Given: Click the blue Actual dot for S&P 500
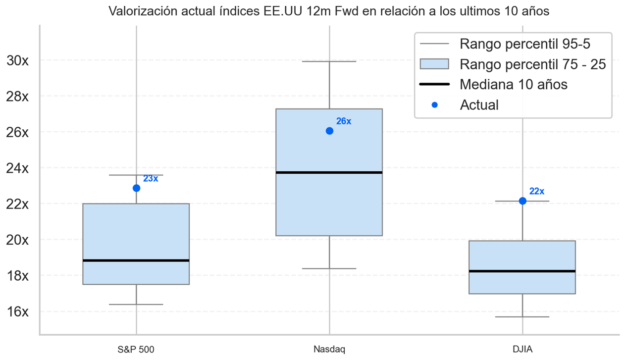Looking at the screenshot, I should (x=136, y=188).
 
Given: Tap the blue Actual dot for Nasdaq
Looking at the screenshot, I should (x=329, y=131).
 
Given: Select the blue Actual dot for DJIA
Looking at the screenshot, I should (x=522, y=201).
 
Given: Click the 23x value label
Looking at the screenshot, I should (x=151, y=179).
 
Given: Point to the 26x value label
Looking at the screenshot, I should (x=344, y=121).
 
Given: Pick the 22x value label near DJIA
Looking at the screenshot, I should (x=537, y=191).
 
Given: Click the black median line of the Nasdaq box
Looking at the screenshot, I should (x=329, y=172).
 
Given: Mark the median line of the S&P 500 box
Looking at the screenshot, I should (x=136, y=260).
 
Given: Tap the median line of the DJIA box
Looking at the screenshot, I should (x=522, y=271).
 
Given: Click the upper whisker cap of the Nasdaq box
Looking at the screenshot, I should (x=329, y=61).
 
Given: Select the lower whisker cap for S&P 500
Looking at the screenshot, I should (x=136, y=304).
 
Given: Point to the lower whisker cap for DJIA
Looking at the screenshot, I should (x=522, y=317).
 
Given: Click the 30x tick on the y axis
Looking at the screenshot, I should (x=18, y=60).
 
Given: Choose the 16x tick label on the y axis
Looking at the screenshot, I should (x=18, y=311).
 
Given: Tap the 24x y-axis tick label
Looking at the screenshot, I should (x=18, y=168).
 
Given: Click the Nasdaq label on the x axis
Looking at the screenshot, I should (x=329, y=349).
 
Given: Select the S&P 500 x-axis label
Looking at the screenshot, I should (x=136, y=349).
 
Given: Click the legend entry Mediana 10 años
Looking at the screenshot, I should (x=513, y=84).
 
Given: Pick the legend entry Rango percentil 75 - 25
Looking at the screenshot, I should (x=532, y=64).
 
